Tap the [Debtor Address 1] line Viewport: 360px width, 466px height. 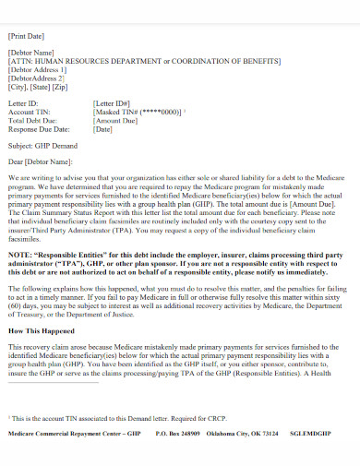click(37, 69)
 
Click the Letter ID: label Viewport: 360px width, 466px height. click(24, 104)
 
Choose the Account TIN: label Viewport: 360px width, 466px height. click(30, 113)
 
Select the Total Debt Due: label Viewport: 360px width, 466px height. click(32, 120)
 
